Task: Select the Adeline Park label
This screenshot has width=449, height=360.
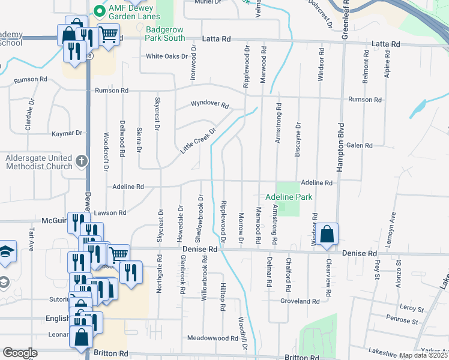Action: click(289, 196)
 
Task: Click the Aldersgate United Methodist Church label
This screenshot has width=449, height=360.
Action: click(38, 162)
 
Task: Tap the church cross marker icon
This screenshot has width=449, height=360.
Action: click(81, 161)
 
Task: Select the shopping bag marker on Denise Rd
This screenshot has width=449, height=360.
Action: click(328, 235)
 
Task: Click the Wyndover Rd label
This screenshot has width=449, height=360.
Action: click(210, 104)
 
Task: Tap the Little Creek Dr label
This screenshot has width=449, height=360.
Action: click(198, 141)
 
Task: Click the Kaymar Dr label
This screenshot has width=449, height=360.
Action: click(67, 133)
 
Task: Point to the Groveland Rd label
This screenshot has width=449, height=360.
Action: click(303, 301)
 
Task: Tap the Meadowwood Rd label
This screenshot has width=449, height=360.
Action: click(212, 338)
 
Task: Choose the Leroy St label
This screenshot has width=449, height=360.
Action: click(411, 308)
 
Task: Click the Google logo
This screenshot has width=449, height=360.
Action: click(20, 353)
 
